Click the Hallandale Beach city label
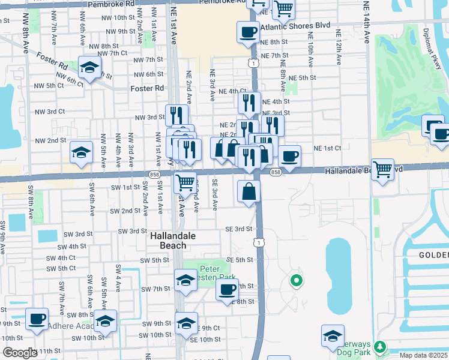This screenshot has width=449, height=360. (x=173, y=241)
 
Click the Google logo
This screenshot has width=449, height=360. (x=20, y=352)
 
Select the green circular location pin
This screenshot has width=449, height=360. (x=295, y=280)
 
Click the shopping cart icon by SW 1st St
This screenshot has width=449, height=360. (x=185, y=181)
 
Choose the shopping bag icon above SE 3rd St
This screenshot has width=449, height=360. (x=249, y=192)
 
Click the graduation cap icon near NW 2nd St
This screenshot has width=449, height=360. (x=81, y=153)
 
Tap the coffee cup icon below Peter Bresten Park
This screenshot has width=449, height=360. (x=227, y=290)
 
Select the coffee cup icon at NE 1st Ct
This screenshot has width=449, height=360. (x=289, y=156)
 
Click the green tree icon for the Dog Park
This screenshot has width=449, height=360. (x=379, y=346)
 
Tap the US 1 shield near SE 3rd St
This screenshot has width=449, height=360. (x=257, y=242)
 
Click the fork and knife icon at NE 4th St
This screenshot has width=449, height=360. (x=249, y=103)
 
